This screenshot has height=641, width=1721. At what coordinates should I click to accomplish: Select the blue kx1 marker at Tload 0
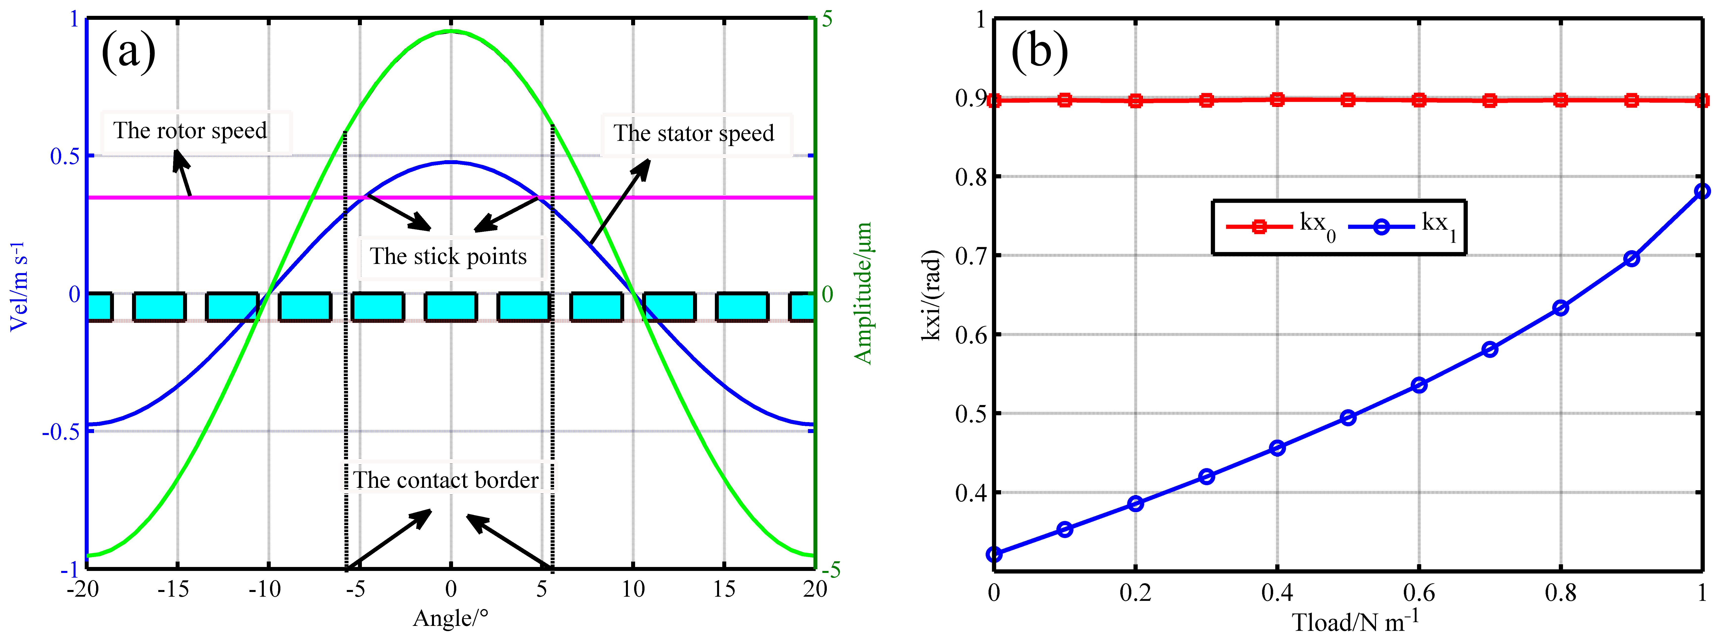994,554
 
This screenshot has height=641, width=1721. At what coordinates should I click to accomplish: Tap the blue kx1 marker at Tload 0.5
1348,418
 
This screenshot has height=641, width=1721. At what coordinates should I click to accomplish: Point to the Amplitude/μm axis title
863,294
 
